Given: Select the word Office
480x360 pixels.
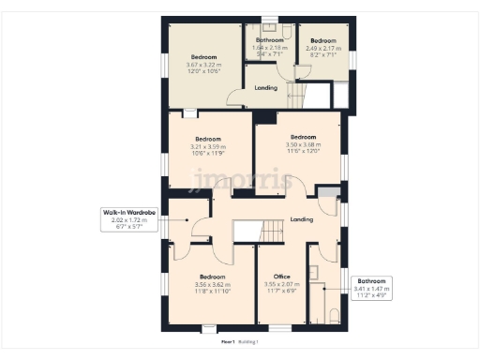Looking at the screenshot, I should coord(282,277).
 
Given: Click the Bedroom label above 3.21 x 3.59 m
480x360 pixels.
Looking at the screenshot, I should coord(209,139).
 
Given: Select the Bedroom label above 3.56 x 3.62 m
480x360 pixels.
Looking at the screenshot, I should coord(211,277).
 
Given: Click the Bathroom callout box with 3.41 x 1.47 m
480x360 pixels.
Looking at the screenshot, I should coord(373,287).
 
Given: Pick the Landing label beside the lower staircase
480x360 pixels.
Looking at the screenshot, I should coord(302,219).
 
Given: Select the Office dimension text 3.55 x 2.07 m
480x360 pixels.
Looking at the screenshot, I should coord(282,284).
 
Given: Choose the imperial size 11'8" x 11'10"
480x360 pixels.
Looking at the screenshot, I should coord(211,292).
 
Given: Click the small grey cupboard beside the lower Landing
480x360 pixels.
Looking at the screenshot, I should coord(327,193).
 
